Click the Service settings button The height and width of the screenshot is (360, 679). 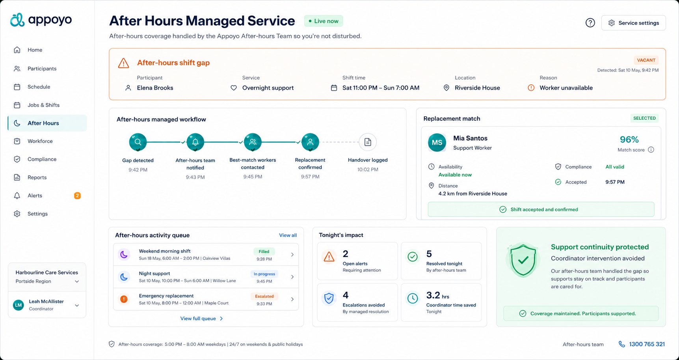[633, 23]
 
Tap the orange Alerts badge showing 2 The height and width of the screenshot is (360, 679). [77, 196]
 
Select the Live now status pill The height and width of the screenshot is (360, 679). [324, 21]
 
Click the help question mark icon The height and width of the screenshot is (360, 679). [590, 23]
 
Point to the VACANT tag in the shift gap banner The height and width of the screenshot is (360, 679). [646, 60]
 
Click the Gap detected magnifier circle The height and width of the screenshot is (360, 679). [138, 142]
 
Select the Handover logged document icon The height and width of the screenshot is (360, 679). [368, 142]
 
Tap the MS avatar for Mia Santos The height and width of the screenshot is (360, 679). [437, 143]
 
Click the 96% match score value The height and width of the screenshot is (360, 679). [629, 140]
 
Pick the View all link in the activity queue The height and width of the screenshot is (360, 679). [288, 235]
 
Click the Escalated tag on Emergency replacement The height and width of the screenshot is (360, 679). [264, 297]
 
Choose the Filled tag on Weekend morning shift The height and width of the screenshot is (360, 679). [264, 252]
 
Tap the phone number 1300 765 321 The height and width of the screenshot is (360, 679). [647, 344]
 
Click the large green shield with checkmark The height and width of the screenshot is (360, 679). [523, 260]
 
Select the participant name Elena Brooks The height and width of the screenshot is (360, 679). [155, 88]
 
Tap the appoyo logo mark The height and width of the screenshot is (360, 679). [17, 20]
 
